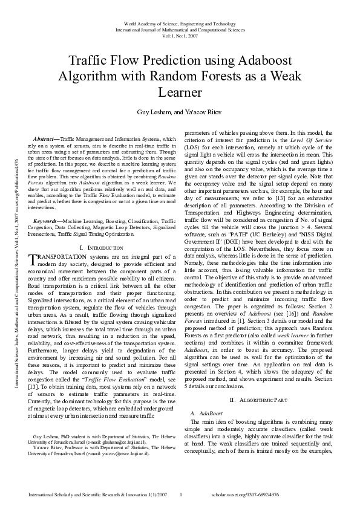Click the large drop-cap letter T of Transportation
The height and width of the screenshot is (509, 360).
pos(34,259)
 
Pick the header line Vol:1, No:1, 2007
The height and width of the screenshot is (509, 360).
pos(180,35)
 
